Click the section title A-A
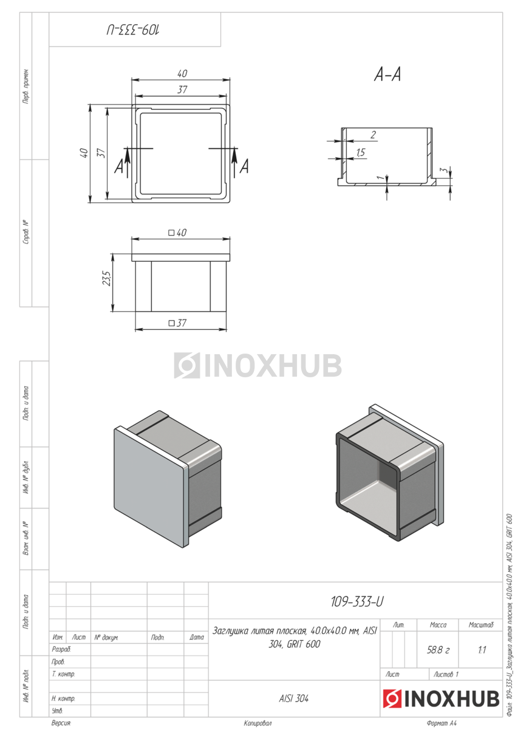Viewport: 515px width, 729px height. (x=387, y=75)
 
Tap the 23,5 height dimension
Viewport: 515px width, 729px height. (x=107, y=278)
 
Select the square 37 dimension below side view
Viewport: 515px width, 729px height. (x=177, y=323)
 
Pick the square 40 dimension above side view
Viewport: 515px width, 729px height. (x=177, y=232)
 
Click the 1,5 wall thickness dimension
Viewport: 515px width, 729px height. (x=361, y=152)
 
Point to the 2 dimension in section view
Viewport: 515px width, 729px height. (x=373, y=134)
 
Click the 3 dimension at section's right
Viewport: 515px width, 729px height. (x=443, y=171)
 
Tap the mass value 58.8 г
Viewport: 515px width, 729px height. (x=438, y=650)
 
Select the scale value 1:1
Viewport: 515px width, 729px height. (x=482, y=650)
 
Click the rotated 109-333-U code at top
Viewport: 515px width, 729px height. (x=133, y=30)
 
